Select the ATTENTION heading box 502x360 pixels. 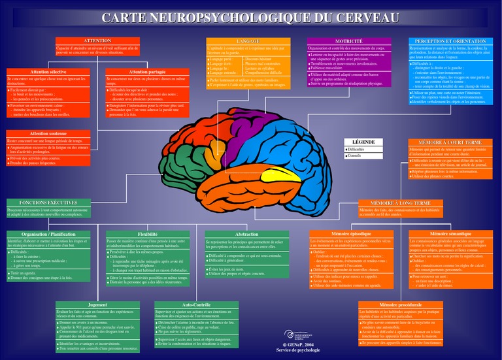click(97, 41)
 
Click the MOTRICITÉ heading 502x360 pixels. click(349, 41)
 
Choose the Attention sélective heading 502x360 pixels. click(48, 71)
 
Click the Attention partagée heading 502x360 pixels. click(147, 71)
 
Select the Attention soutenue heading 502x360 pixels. click(48, 133)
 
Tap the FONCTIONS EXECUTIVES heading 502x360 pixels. click(48, 203)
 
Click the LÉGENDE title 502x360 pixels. click(363, 141)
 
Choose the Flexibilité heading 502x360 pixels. click(148, 233)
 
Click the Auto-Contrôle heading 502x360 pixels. click(196, 304)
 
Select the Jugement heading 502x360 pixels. click(97, 304)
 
